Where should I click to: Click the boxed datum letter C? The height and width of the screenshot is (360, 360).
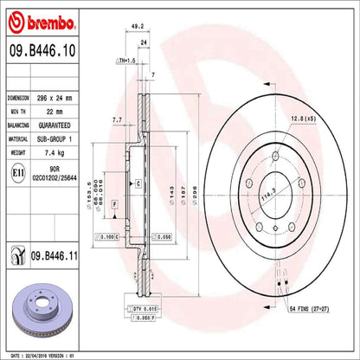tap(138, 183)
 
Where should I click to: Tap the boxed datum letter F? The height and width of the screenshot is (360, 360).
tap(115, 203)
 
